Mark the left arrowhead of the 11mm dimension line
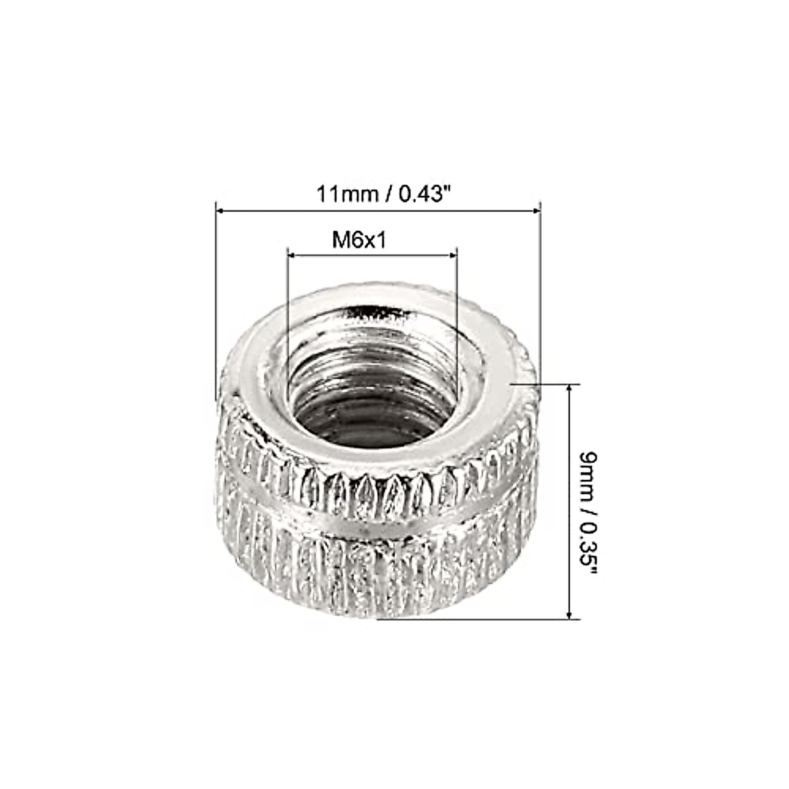tap(222, 210)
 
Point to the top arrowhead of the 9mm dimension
tap(569, 389)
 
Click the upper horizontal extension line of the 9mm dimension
tap(546, 383)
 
